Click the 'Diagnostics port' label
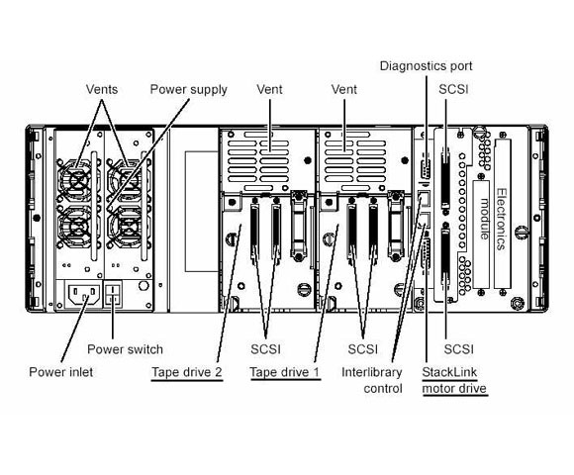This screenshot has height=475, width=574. [x=427, y=66]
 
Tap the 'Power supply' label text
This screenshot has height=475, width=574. [x=188, y=90]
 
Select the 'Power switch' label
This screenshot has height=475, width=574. [x=125, y=349]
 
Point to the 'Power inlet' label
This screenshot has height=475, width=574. [x=60, y=372]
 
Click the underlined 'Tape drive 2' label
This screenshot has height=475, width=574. [x=187, y=372]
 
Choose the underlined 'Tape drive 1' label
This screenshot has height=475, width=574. [x=285, y=372]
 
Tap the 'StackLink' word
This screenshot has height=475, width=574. [x=449, y=372]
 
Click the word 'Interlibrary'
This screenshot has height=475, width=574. [x=371, y=372]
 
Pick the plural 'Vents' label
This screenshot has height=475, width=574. [x=102, y=89]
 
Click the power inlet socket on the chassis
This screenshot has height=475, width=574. [x=84, y=295]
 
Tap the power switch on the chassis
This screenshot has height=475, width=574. [x=113, y=295]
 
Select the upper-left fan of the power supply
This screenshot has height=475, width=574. [x=77, y=179]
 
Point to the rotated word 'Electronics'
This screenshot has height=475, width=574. [x=503, y=220]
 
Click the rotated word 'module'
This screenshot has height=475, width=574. [x=484, y=219]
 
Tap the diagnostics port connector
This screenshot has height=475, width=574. [x=426, y=168]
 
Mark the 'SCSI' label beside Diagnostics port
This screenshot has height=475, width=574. [x=453, y=89]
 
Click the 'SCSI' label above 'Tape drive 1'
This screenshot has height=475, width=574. [x=265, y=349]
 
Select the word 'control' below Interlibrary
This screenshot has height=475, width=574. [x=383, y=388]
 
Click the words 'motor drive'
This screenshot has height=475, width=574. [x=454, y=388]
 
